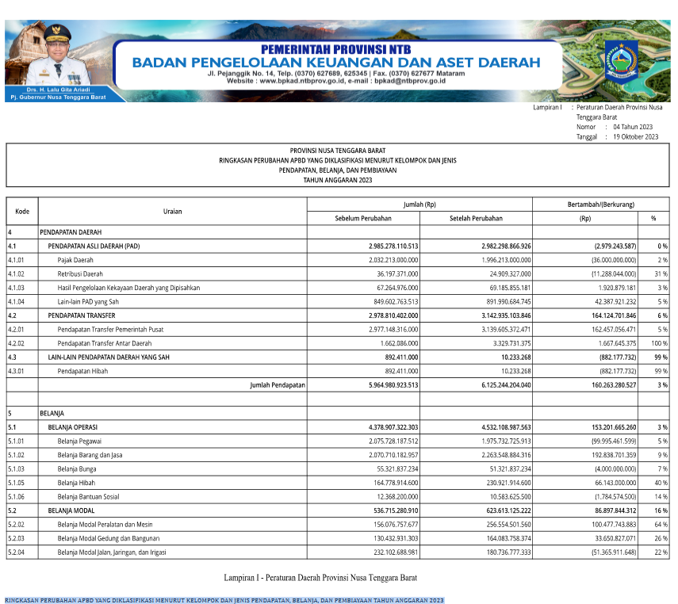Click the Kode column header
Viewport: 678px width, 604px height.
22,212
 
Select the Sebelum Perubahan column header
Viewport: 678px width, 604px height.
363,218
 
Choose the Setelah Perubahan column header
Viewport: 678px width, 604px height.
476,218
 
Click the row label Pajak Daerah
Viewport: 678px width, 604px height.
76,260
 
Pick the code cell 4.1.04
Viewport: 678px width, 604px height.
17,301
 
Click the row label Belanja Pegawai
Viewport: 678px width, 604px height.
80,441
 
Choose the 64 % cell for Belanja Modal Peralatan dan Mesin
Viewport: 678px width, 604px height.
660,524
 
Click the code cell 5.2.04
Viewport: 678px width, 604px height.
17,552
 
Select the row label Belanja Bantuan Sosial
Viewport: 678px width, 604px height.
88,496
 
